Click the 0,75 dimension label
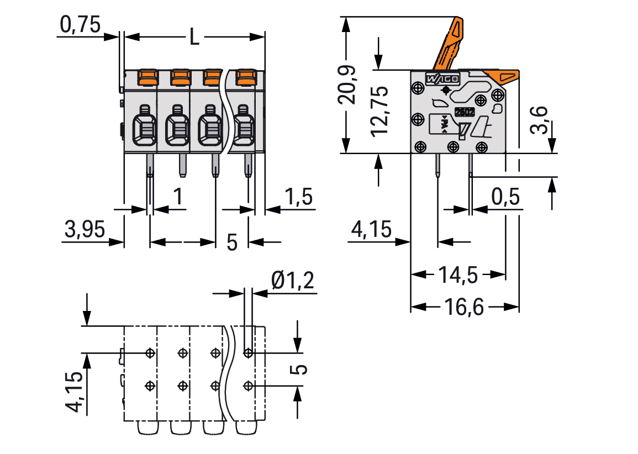[x=80, y=24]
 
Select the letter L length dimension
[x=194, y=38]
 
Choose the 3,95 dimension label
[x=84, y=229]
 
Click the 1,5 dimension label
[x=298, y=197]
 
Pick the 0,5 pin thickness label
[x=505, y=197]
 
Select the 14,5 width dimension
[x=458, y=274]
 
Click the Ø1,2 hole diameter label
[x=292, y=282]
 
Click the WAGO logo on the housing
[x=442, y=79]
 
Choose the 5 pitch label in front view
[x=232, y=242]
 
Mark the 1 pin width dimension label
[x=177, y=197]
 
